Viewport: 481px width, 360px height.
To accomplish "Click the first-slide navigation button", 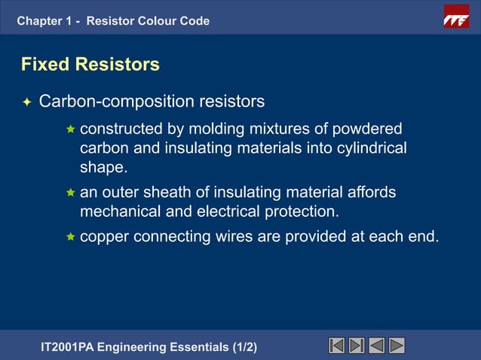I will point(337,346).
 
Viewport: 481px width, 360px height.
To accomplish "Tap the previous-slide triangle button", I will point(377,346).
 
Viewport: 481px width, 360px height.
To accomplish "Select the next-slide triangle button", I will point(397,346).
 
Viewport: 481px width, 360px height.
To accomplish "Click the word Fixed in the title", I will point(44,65).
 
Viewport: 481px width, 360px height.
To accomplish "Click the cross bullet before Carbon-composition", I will point(26,102).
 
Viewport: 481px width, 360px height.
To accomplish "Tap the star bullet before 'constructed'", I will point(70,129).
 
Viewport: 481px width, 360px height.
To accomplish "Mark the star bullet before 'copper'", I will point(70,237).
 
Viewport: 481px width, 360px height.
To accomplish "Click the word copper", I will point(104,236).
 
